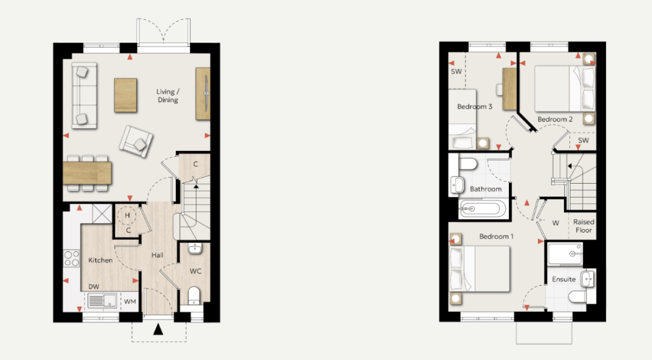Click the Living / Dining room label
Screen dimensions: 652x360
tap(168, 95)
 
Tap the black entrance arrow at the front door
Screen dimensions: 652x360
tap(158, 329)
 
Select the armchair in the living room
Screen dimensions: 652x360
tap(136, 141)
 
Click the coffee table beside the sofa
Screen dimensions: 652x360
tap(126, 95)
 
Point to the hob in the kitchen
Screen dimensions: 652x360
tap(71, 258)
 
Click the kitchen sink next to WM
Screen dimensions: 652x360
tap(102, 300)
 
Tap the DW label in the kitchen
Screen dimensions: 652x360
tap(94, 287)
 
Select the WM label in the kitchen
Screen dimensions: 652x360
tap(130, 302)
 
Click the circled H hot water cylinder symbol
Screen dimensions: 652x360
tap(127, 215)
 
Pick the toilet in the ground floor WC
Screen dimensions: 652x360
tap(194, 295)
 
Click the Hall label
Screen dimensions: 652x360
tap(157, 255)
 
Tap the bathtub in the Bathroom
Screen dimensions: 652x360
tap(483, 208)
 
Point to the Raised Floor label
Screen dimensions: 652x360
tap(584, 226)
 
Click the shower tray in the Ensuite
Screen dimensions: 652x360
tap(565, 254)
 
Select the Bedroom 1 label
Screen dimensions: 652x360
tap(496, 236)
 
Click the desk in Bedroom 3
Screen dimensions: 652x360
tap(510, 89)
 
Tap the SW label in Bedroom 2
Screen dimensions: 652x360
tap(583, 140)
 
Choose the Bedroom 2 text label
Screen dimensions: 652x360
tap(555, 120)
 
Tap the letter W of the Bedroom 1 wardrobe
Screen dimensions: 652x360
tap(555, 223)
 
